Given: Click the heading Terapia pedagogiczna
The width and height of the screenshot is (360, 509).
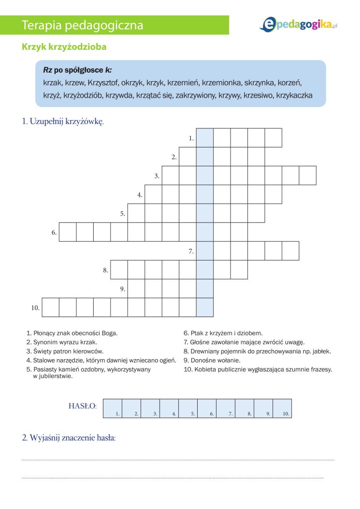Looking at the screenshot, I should point(83,25).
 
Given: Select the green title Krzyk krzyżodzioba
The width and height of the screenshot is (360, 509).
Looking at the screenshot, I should point(64,47).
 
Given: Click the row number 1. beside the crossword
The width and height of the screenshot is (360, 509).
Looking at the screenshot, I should point(191,138).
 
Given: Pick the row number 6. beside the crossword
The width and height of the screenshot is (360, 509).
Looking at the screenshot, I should point(54,233).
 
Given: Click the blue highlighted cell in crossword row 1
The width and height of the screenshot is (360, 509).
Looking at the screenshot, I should point(205,137).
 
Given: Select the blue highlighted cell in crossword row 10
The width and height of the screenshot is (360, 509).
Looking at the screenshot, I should point(205,307).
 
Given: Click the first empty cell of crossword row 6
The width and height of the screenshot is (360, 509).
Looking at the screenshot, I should point(68,232).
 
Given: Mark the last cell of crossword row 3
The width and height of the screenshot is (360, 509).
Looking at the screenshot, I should point(308,175).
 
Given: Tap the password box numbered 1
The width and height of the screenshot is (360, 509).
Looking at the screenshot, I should point(112,408).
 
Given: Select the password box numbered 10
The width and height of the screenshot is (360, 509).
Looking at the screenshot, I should point(282,408).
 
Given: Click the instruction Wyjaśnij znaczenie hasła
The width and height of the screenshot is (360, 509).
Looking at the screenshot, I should point(69,438).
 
